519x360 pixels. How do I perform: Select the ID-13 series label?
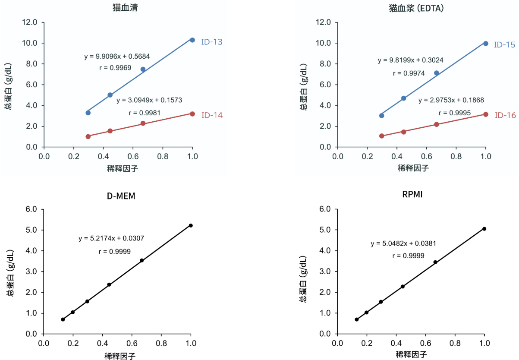212,42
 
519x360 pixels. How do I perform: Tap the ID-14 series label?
212,115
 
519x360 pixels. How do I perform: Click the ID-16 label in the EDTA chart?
505,115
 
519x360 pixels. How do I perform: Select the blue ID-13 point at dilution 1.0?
192,40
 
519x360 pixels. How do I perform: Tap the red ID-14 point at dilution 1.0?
192,114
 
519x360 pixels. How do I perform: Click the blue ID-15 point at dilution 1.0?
486,44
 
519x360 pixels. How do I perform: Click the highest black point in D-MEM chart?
191,225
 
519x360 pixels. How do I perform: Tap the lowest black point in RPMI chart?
357,319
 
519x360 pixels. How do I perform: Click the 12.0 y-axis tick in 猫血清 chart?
30,22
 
